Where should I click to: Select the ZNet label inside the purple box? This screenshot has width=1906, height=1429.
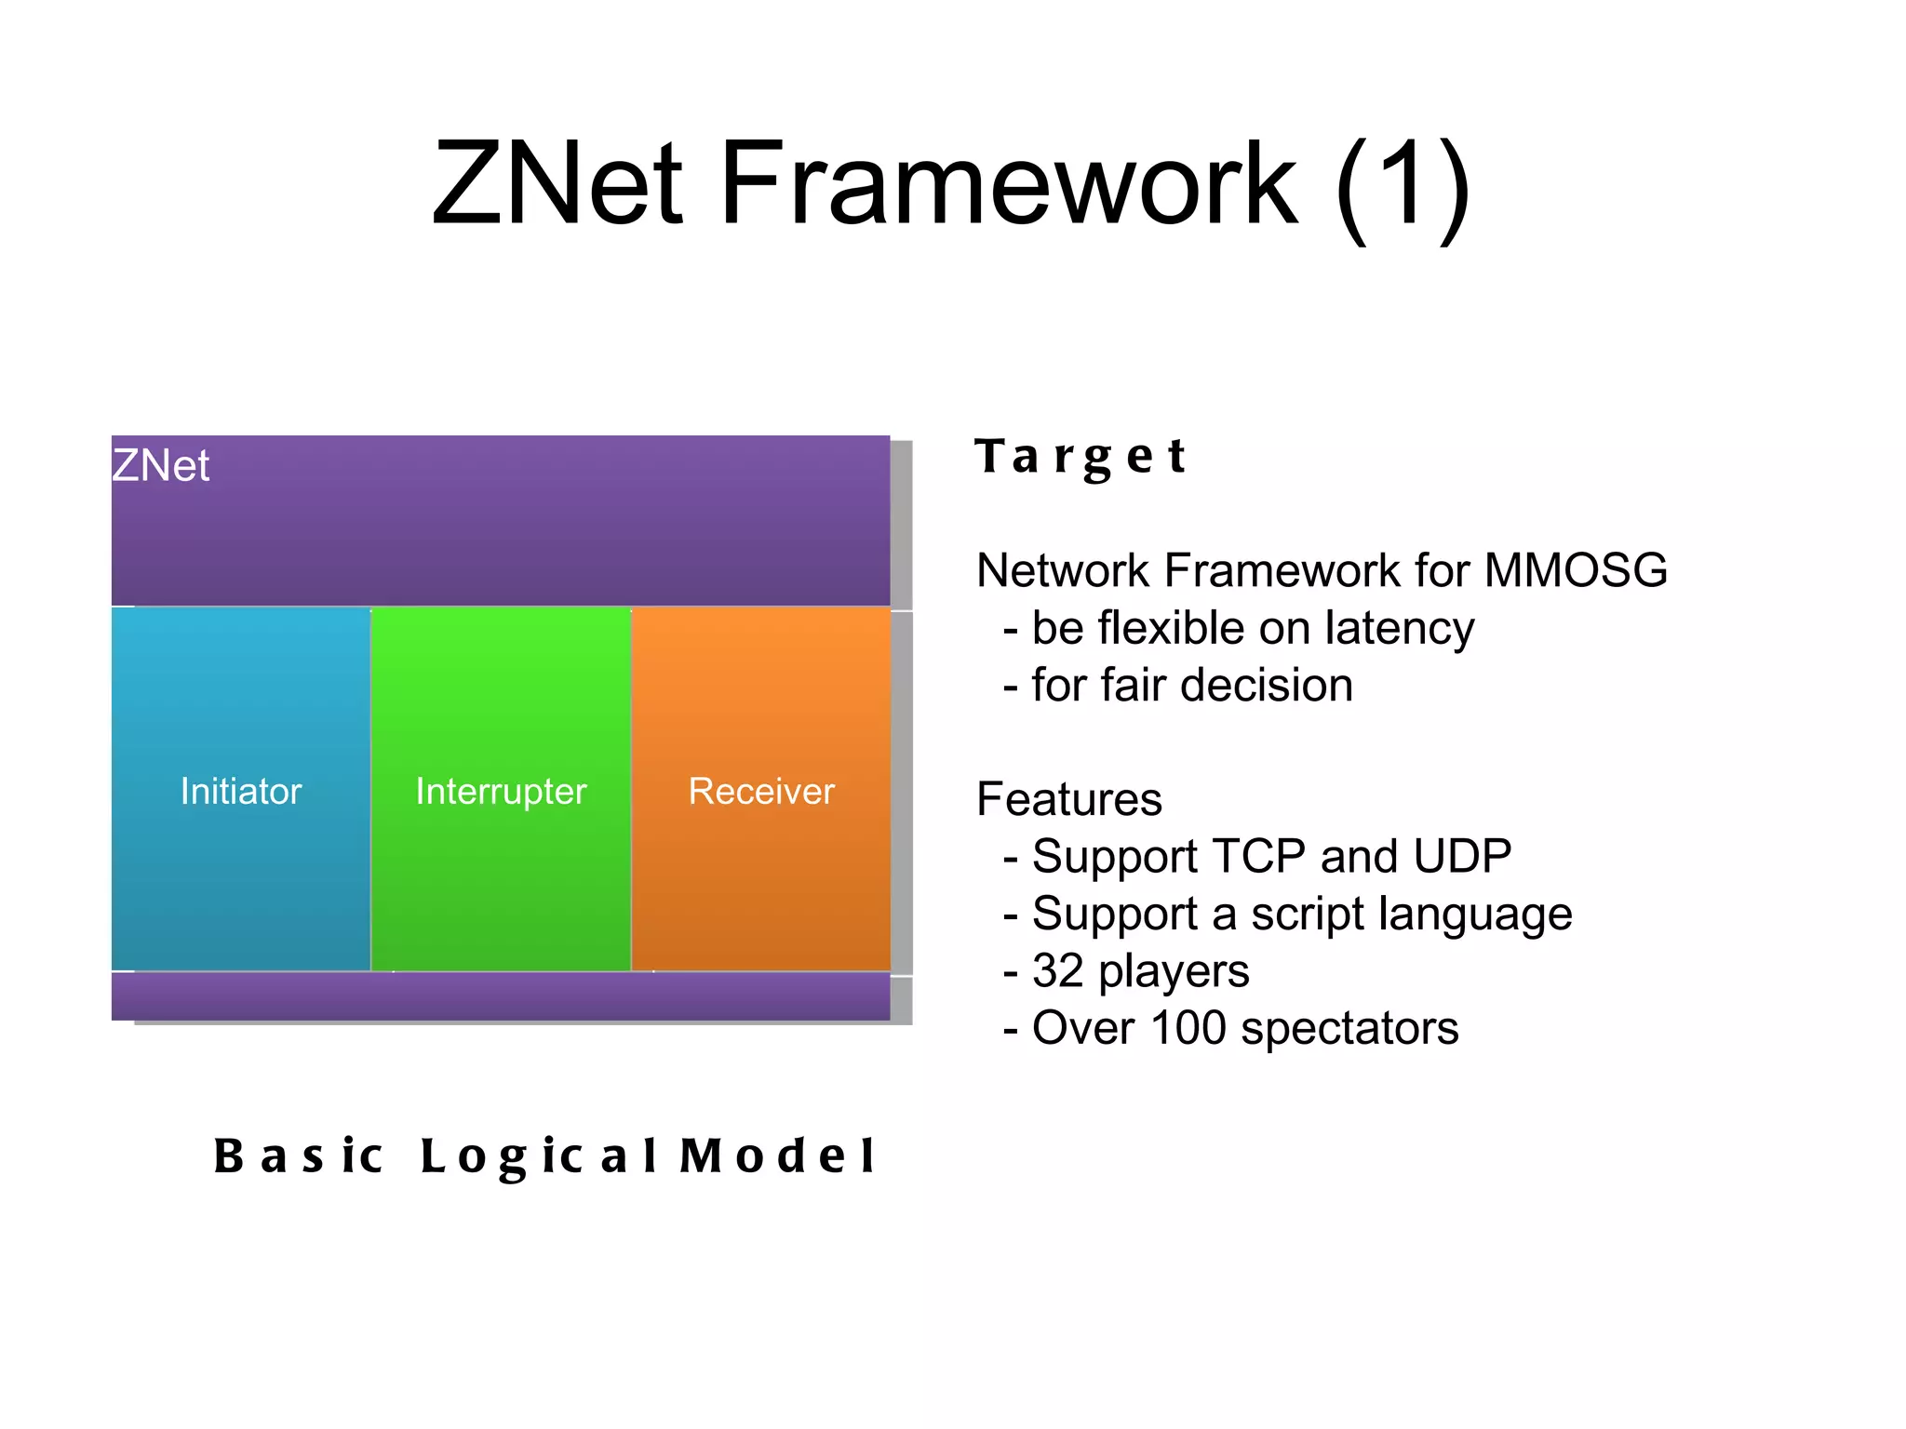coord(161,465)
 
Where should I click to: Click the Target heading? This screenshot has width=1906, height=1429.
coord(1081,457)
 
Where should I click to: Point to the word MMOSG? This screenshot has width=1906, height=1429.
coord(1576,570)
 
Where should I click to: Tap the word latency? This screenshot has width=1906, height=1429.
coord(1400,629)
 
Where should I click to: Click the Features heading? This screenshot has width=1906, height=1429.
coord(1069,799)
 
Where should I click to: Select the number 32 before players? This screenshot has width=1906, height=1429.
coord(1058,971)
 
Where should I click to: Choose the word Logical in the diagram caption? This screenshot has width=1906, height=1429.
coord(540,1156)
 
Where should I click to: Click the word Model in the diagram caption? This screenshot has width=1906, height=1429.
coord(778,1156)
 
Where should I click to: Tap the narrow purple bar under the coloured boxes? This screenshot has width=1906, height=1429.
coord(501,996)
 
